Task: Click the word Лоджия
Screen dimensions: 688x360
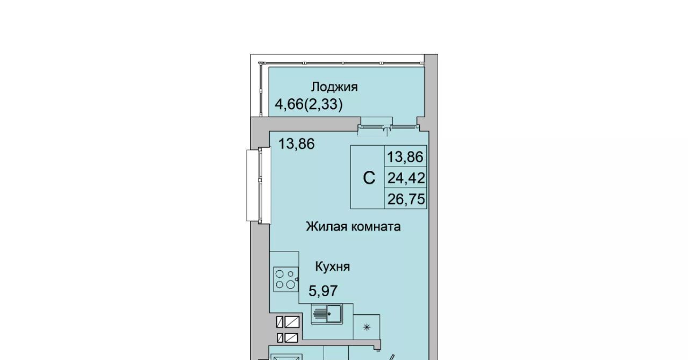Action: (x=334, y=87)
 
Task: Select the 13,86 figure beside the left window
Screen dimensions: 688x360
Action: (x=296, y=144)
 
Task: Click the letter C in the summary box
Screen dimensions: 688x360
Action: (x=369, y=177)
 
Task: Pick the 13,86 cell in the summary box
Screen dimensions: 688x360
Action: (x=405, y=157)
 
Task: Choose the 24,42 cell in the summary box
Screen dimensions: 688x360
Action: (x=405, y=177)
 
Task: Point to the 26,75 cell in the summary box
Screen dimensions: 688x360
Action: (x=405, y=199)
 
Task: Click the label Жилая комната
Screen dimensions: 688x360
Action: (x=353, y=227)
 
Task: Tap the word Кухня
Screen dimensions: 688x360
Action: (x=333, y=267)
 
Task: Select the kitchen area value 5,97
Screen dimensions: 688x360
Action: (x=323, y=291)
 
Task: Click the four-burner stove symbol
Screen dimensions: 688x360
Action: (x=285, y=279)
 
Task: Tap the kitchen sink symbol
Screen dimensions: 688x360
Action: (x=327, y=314)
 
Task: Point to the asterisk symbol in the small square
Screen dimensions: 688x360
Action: (x=367, y=327)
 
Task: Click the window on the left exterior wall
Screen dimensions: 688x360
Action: (x=259, y=185)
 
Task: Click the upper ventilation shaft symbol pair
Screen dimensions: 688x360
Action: (x=288, y=322)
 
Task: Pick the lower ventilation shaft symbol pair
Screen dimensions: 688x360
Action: (x=288, y=338)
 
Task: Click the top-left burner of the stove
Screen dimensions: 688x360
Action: (x=279, y=273)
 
